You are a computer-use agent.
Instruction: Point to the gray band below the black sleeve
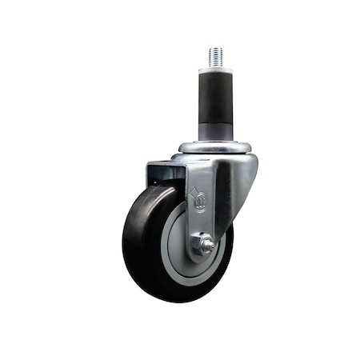(214, 130)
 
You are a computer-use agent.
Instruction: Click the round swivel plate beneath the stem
(214, 148)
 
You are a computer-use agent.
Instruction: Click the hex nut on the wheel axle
(205, 246)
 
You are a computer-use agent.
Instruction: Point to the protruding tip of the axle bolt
(209, 246)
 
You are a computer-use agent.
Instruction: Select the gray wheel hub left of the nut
(178, 240)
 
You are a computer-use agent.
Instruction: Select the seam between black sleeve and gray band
(214, 121)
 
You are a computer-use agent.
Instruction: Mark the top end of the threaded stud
(215, 48)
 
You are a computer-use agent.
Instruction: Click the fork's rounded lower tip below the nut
(200, 259)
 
